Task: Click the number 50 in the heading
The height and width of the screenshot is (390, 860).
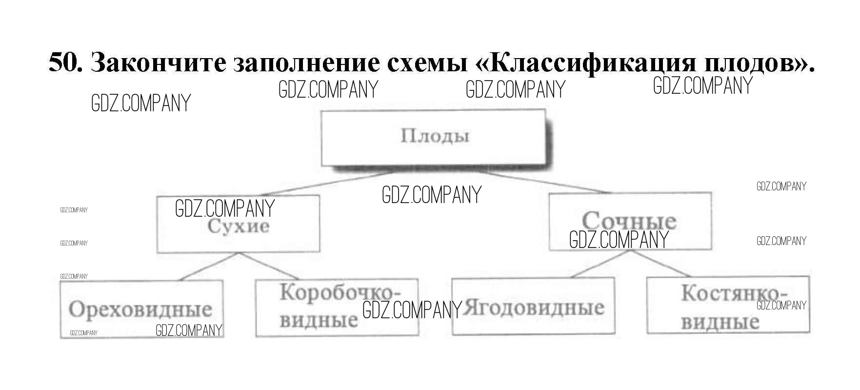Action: pyautogui.click(x=64, y=62)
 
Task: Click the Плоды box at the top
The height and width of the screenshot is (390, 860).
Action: pyautogui.click(x=434, y=138)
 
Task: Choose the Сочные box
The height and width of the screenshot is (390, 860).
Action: pyautogui.click(x=629, y=215)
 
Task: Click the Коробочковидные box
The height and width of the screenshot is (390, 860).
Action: pyautogui.click(x=337, y=308)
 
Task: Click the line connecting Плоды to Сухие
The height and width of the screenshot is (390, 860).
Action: pyautogui.click(x=327, y=184)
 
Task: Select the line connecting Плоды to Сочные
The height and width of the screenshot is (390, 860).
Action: pyautogui.click(x=541, y=182)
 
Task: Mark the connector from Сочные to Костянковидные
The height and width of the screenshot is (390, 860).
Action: pyautogui.click(x=659, y=264)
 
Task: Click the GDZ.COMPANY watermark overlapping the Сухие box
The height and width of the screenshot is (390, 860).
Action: pyautogui.click(x=225, y=208)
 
